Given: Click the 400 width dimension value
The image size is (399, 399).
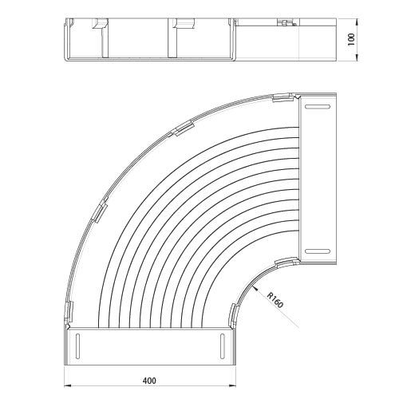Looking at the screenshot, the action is (x=149, y=381).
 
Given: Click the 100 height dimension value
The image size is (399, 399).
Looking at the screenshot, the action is (x=351, y=39).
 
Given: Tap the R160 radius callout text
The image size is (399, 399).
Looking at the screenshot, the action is (x=275, y=300).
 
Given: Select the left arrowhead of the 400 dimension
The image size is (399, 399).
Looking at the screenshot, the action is (x=68, y=385).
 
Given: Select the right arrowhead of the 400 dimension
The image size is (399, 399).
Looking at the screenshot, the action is (x=232, y=385).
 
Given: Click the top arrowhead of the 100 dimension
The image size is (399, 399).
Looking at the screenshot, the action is (x=357, y=22).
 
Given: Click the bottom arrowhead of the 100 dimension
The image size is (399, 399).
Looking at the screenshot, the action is (x=357, y=57).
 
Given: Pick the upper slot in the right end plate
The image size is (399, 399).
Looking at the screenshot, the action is (x=318, y=107).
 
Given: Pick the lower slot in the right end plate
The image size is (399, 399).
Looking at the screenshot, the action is (x=318, y=251).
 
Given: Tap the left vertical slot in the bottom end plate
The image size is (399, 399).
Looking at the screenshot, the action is (x=78, y=346).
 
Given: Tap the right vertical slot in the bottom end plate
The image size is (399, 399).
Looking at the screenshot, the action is (x=222, y=346).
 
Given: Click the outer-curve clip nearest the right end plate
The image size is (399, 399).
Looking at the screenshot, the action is (x=282, y=97).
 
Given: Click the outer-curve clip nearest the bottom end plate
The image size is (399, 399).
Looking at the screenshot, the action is (x=69, y=310).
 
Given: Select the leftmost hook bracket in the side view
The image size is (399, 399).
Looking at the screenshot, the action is (x=100, y=23).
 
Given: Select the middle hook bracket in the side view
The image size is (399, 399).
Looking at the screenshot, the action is (x=184, y=23).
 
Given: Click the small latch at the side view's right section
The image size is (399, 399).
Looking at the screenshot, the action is (x=286, y=23).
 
